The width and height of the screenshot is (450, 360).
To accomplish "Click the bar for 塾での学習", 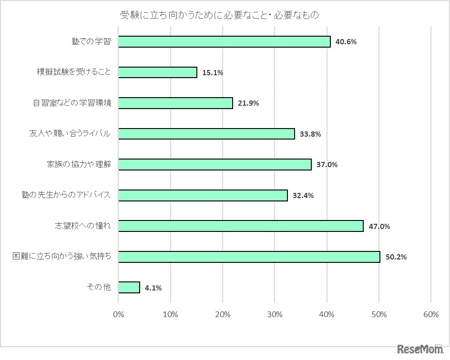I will [224, 41].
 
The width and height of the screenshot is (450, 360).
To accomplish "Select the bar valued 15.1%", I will [157, 72].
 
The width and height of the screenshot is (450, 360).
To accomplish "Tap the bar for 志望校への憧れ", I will [241, 226].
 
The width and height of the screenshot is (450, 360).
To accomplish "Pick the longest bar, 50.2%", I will [249, 257].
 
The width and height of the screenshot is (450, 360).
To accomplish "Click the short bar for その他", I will [129, 287].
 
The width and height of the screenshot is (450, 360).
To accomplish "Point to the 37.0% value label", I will [327, 165].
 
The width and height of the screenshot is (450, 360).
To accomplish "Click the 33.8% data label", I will [310, 134].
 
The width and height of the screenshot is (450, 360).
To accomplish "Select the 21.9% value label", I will [248, 103].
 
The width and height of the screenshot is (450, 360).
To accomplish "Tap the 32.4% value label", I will [303, 196].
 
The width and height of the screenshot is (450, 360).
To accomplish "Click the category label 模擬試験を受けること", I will [74, 72].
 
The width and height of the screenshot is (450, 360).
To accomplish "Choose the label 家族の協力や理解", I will [79, 164].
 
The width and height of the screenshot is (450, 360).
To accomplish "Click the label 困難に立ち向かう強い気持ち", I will [62, 257].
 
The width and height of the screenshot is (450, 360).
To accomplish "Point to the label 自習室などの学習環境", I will [72, 103].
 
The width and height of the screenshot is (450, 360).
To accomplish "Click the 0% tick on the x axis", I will [118, 314].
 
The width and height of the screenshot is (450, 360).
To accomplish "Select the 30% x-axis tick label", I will [275, 314].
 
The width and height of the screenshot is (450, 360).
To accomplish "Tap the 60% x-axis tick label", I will [430, 314].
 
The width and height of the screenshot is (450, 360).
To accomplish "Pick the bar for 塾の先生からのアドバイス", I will [203, 195].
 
